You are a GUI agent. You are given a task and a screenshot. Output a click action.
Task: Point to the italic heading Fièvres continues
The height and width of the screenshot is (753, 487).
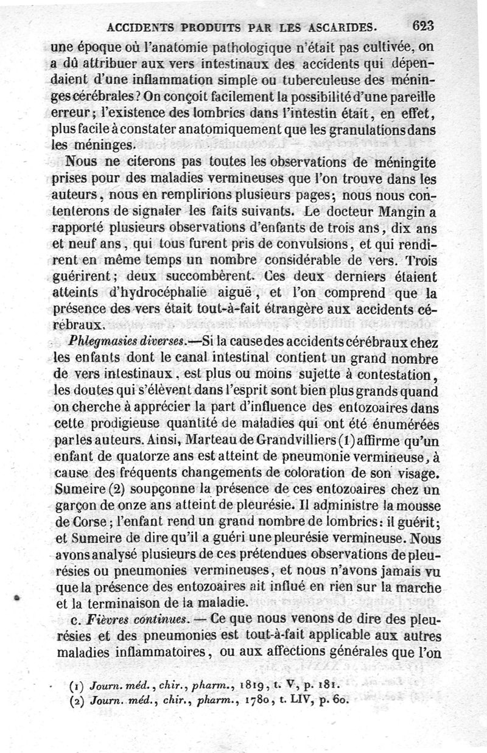click(x=119, y=619)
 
